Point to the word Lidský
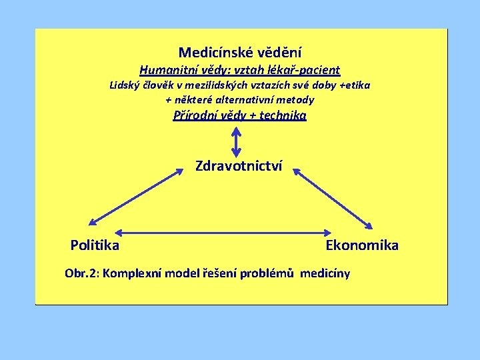124,85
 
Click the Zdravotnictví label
239,165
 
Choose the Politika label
95,245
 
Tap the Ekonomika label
362,245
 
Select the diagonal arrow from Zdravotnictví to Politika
136,197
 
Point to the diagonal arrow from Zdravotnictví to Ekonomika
333,198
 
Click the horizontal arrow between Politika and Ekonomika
219,233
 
